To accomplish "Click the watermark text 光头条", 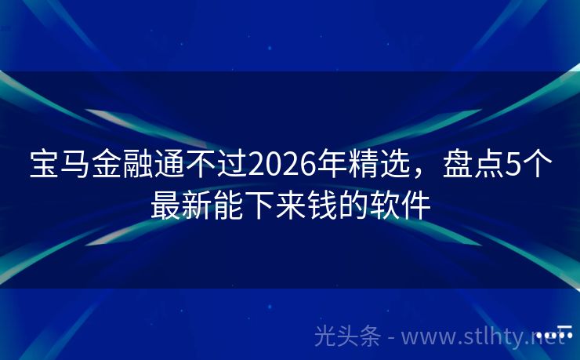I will click(347, 336).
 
